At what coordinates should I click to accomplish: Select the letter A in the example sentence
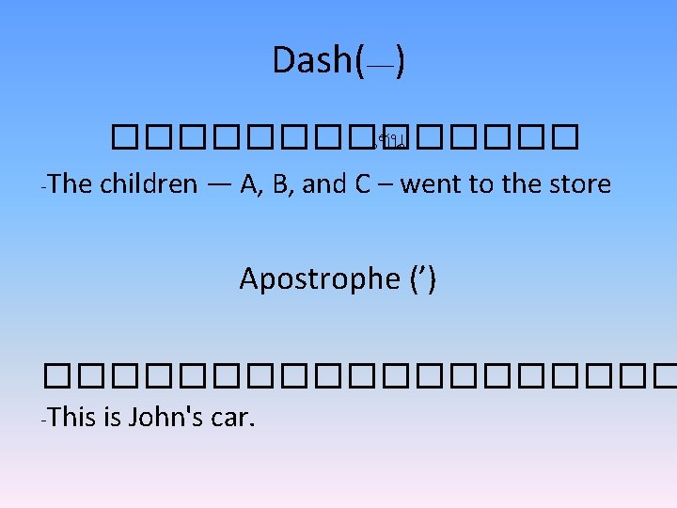tap(250, 184)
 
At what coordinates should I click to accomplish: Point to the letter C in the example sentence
tap(362, 184)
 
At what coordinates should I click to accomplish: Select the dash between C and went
tap(385, 185)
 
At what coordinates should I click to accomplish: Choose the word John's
tap(165, 417)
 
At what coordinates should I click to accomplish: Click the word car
tap(230, 417)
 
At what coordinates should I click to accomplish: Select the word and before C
tap(324, 184)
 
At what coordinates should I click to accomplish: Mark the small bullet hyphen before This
tap(44, 419)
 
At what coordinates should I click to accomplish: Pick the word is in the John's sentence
tap(112, 417)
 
